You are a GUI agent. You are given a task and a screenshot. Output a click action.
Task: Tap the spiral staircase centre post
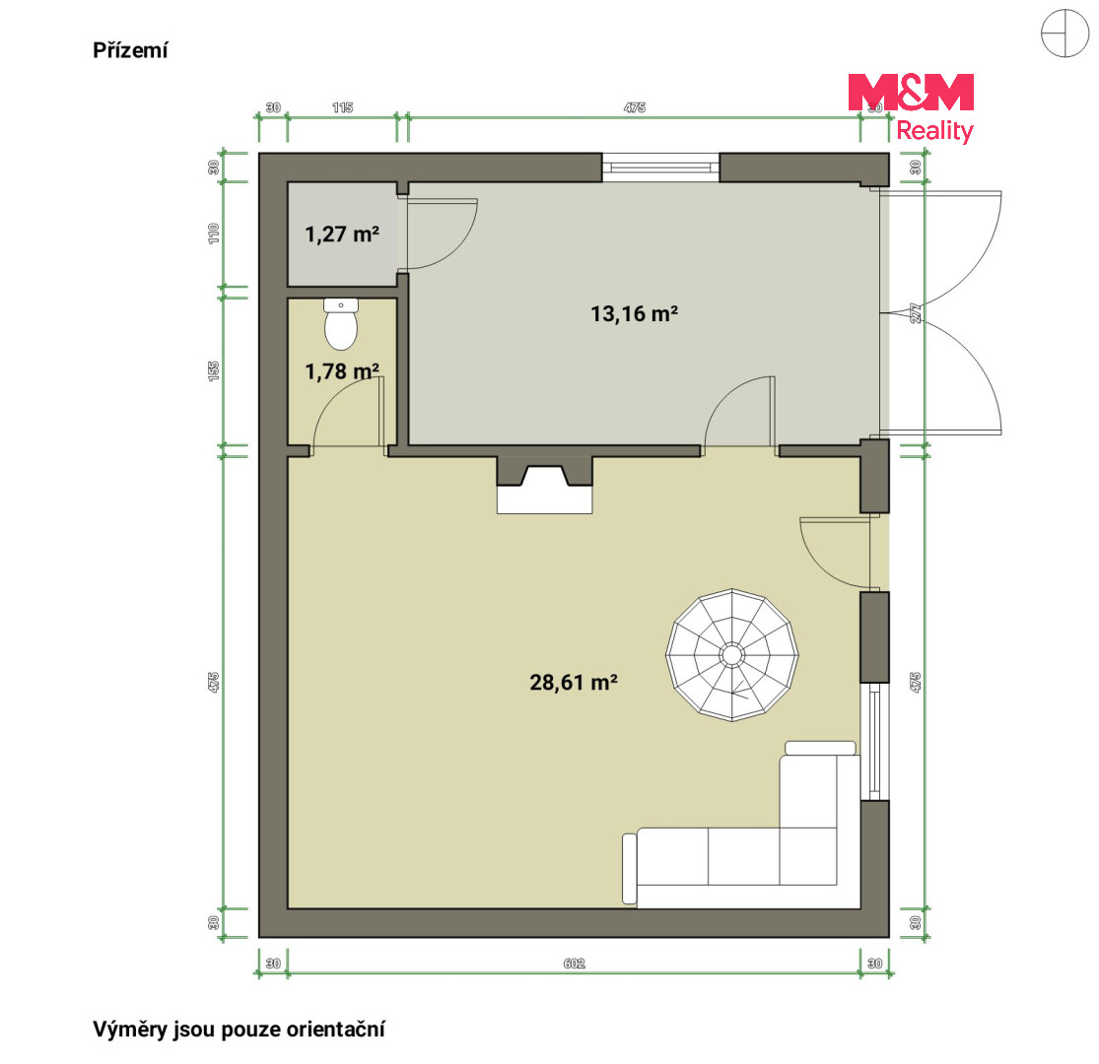pyautogui.click(x=731, y=655)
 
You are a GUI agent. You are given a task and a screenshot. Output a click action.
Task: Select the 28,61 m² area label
pyautogui.click(x=574, y=683)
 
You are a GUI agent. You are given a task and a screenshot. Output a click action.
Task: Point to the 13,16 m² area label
pyautogui.click(x=635, y=313)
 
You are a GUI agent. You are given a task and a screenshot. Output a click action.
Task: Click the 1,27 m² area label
pyautogui.click(x=342, y=233)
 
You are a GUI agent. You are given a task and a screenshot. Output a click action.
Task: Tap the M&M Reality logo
pyautogui.click(x=911, y=107)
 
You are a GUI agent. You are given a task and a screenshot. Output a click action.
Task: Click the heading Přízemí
pyautogui.click(x=130, y=50)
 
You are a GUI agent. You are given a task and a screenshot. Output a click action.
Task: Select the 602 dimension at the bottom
pyautogui.click(x=574, y=964)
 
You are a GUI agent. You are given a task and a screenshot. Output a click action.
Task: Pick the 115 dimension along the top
pyautogui.click(x=342, y=107)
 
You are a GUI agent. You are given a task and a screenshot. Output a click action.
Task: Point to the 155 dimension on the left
pyautogui.click(x=214, y=371)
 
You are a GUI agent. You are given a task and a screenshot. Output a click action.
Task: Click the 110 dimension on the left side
pyautogui.click(x=214, y=233)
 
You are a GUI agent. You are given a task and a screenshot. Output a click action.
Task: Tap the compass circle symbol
pyautogui.click(x=1065, y=33)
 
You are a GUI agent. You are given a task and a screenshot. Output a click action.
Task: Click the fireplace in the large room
pyautogui.click(x=545, y=485)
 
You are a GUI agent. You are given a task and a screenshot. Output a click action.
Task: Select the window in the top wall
pyautogui.click(x=661, y=167)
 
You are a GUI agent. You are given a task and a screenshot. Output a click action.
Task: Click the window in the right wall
pyautogui.click(x=874, y=741)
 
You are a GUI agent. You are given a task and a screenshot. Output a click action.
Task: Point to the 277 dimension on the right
pyautogui.click(x=915, y=313)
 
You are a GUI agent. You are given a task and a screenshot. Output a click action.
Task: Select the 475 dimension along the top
pyautogui.click(x=635, y=107)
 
